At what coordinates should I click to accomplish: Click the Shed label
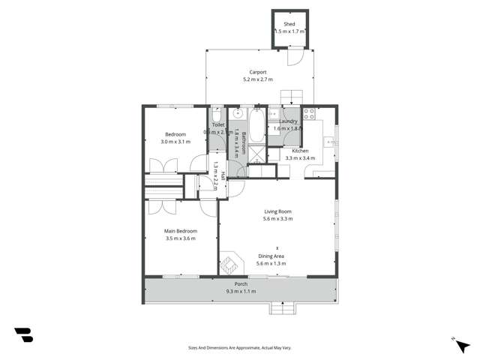tap(289, 24)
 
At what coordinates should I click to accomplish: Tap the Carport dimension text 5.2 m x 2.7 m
tap(257, 79)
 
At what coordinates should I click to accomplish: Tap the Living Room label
tap(277, 211)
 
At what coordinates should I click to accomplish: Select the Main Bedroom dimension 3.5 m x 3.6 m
tap(180, 238)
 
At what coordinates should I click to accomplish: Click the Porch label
tap(241, 284)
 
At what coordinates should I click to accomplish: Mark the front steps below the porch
tap(283, 308)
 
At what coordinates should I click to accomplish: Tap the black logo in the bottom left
tap(23, 335)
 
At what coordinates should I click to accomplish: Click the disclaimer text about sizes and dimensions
tap(240, 347)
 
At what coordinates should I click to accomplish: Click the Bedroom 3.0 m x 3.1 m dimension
tap(175, 142)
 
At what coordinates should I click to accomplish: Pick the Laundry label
tap(289, 121)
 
